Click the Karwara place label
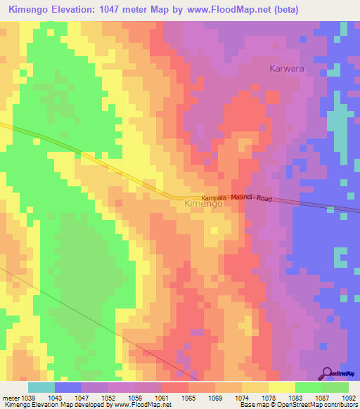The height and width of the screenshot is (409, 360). click(288, 68)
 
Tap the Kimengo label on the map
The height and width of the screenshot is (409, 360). click(203, 204)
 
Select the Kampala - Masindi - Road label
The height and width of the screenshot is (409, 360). click(236, 199)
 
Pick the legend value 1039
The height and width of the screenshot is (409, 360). click(27, 397)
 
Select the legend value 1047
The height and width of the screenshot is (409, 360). click(82, 397)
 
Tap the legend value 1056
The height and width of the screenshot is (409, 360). click(135, 397)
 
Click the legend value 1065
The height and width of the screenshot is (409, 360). click(188, 397)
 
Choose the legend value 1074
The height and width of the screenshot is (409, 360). click(242, 397)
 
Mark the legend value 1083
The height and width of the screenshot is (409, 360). click(295, 397)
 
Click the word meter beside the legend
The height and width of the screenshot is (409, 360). click(9, 397)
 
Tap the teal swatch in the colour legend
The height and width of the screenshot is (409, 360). click(41, 387)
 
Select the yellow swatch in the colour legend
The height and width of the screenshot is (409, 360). click(281, 387)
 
